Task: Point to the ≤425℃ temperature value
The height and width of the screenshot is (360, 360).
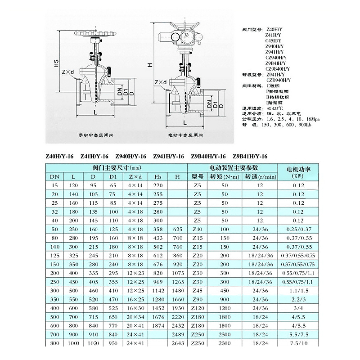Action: tap(275, 108)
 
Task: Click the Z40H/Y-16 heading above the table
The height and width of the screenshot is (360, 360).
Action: tap(59, 156)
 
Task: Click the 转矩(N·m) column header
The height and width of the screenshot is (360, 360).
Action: tap(224, 176)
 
